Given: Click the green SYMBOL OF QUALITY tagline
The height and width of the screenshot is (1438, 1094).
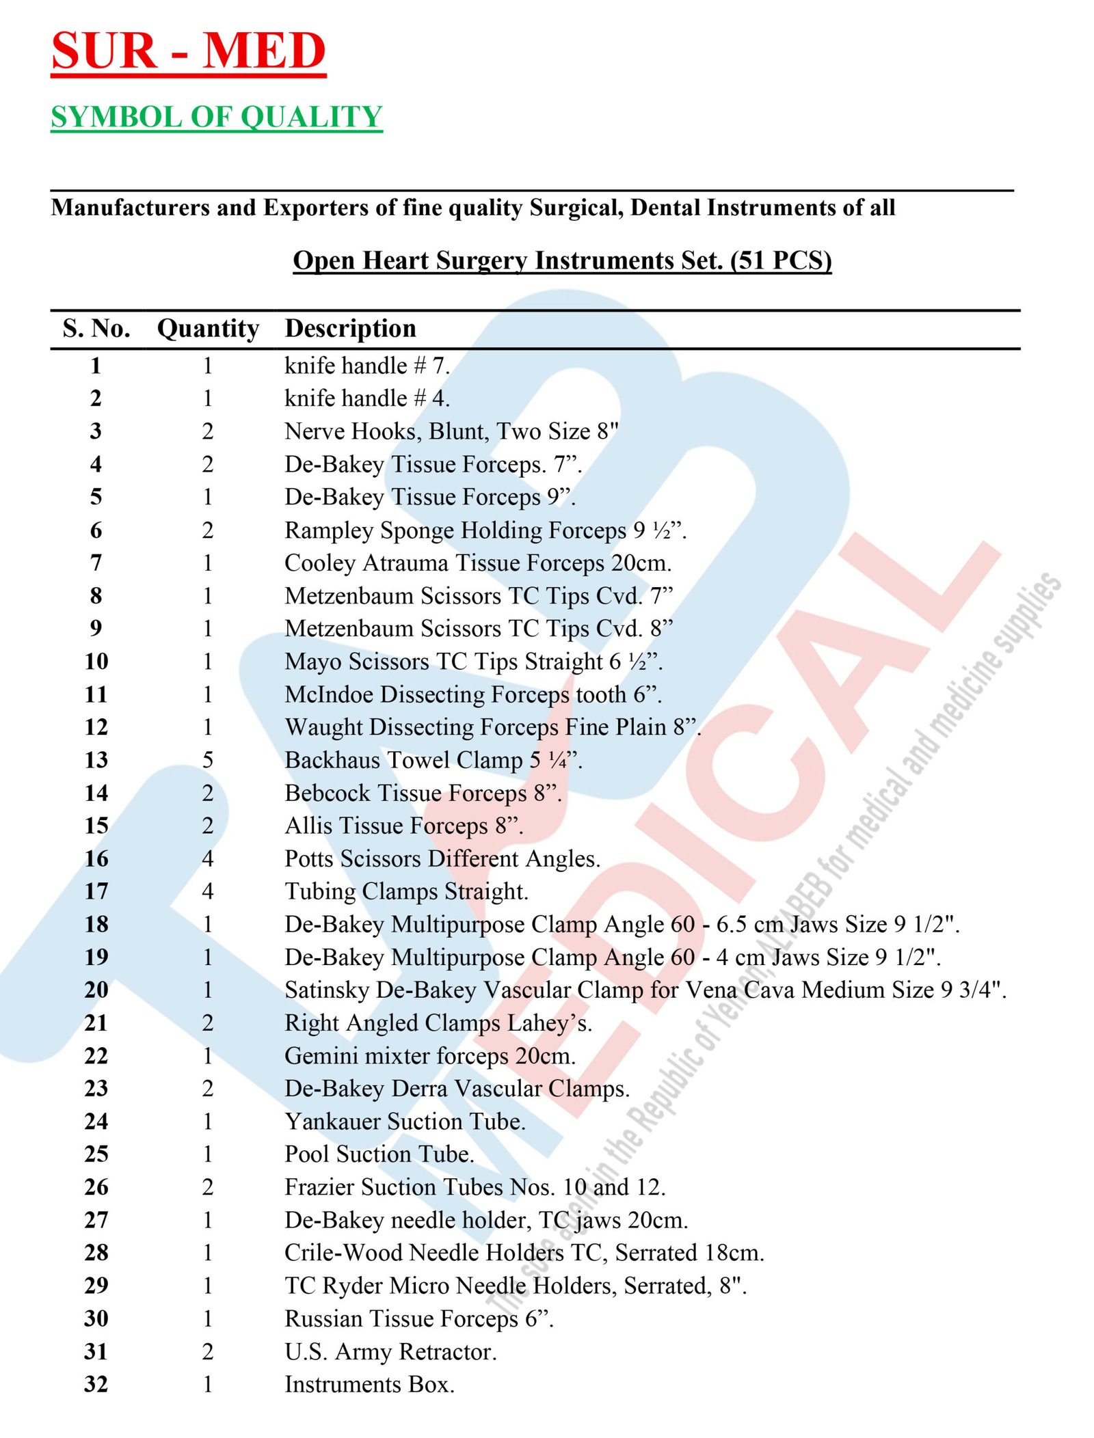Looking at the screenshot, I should (x=216, y=117).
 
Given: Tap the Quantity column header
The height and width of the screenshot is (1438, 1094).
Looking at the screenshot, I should (x=208, y=329).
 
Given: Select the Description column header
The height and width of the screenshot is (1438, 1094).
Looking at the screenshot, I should (x=350, y=329).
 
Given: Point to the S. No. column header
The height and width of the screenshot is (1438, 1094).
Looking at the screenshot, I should (x=96, y=329).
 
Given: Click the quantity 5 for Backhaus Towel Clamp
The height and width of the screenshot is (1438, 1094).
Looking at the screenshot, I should (x=208, y=760).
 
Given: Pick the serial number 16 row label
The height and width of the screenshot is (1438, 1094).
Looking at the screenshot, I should (x=96, y=858).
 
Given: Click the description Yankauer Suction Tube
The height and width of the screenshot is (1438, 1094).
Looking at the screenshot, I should (x=405, y=1122).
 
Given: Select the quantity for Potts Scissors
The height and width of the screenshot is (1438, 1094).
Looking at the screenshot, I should (x=208, y=858).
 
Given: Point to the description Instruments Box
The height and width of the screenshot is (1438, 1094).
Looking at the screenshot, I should (x=369, y=1384).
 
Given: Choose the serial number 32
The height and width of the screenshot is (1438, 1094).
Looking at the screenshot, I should (x=96, y=1384).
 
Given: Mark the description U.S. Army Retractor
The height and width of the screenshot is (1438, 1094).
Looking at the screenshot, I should (x=390, y=1351).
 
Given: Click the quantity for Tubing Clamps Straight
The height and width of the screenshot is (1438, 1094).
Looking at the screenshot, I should (x=208, y=891).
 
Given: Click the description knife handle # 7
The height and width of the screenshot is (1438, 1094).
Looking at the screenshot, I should (x=367, y=366).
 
